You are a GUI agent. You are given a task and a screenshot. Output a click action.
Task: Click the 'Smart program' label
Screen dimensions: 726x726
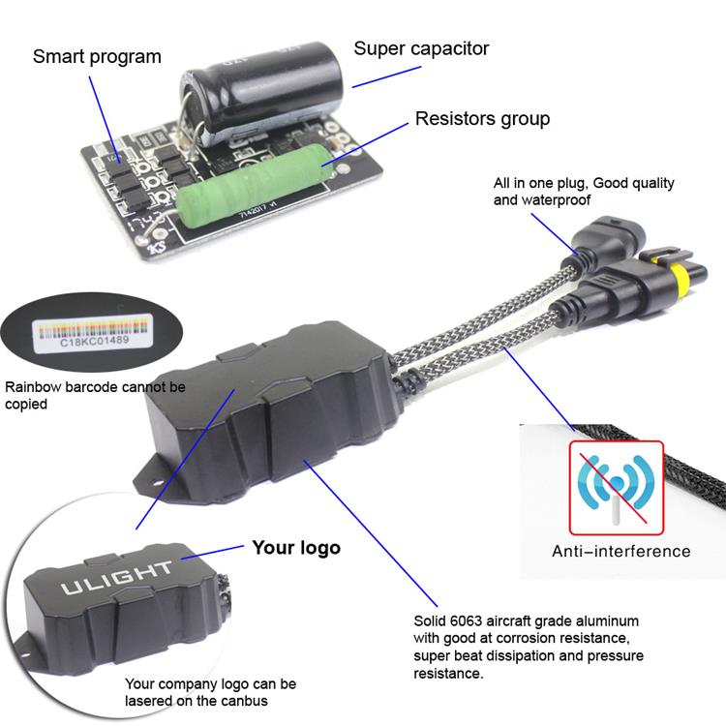[x=97, y=57]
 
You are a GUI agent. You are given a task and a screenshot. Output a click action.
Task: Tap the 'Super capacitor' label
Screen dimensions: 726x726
[x=421, y=49]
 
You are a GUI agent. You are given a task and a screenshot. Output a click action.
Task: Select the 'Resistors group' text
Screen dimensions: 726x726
[x=482, y=119]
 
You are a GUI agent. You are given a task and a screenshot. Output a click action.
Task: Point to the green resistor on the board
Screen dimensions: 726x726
[x=254, y=185]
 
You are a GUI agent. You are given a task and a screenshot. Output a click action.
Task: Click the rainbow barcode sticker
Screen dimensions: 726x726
[x=93, y=332]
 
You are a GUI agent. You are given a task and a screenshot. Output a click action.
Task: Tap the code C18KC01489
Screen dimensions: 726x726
[x=95, y=342]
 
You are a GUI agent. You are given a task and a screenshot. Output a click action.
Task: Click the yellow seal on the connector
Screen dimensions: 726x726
[x=679, y=277]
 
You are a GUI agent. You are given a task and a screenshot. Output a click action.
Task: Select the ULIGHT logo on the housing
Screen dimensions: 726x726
[x=116, y=578]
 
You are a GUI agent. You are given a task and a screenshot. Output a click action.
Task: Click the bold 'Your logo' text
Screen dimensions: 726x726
[x=296, y=548]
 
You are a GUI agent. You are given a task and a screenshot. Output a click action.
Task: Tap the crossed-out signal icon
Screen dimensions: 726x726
[x=617, y=488]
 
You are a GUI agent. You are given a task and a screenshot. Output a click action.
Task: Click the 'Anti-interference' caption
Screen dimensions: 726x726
[x=620, y=552]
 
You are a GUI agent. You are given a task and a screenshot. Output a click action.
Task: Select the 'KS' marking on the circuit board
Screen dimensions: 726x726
[x=157, y=247]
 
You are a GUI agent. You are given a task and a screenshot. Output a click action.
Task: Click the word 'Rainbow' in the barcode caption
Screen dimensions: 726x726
[x=33, y=387]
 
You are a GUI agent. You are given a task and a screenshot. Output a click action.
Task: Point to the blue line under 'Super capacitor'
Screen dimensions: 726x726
[x=386, y=76]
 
